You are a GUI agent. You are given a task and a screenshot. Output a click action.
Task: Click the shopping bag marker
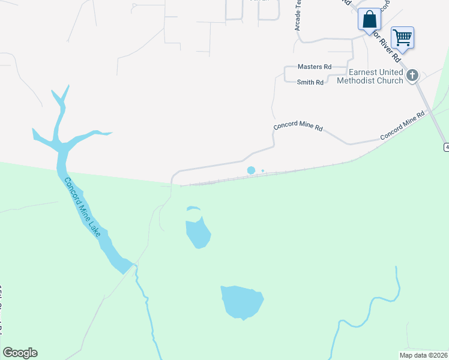point(369,18)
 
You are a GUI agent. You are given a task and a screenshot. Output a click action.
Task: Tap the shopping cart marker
point(402,37)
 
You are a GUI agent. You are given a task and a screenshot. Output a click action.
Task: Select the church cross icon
point(412,75)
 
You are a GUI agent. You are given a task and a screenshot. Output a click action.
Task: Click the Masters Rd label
point(315,67)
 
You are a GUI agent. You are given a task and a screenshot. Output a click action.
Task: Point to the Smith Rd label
point(310,82)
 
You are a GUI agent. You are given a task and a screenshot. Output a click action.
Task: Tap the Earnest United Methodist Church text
point(370,77)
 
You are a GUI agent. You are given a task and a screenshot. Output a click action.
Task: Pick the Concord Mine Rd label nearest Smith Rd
point(298,128)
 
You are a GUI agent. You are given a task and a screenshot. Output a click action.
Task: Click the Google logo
point(20,353)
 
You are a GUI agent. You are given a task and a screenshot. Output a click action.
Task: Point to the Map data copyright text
point(423,355)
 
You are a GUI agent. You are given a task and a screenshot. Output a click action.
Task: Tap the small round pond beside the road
point(251,170)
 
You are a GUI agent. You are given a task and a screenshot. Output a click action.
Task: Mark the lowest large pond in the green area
point(242,302)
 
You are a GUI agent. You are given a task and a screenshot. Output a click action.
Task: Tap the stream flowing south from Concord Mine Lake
point(148,306)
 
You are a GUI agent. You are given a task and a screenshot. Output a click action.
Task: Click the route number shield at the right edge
point(446,147)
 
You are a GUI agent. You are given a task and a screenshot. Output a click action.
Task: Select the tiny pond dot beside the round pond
point(263,170)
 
